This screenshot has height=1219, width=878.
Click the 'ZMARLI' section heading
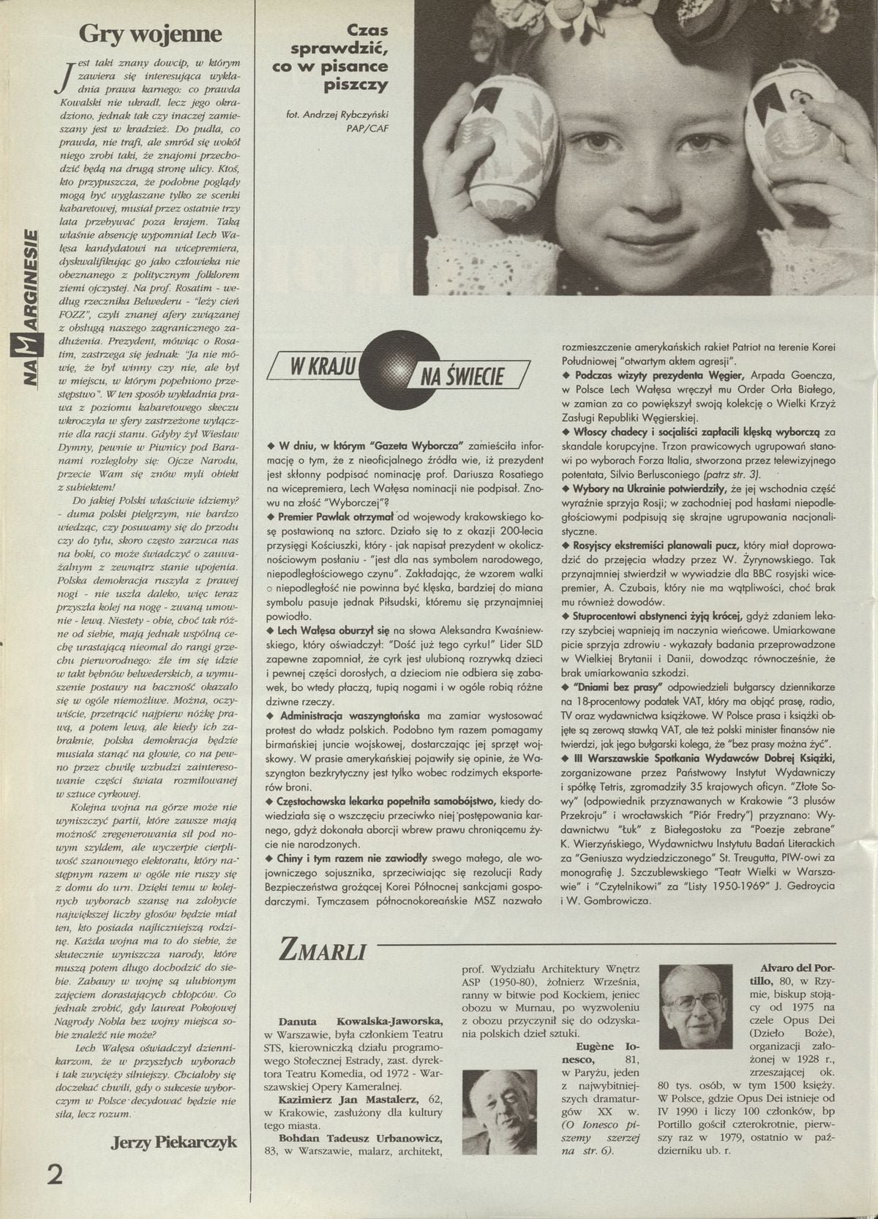(319, 950)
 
